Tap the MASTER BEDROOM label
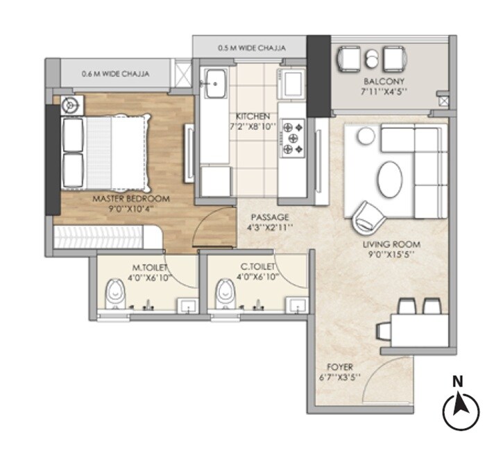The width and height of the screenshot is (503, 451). point(131,198)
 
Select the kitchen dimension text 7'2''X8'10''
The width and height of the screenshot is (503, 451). point(252,127)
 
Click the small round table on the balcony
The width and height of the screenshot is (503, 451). point(373,58)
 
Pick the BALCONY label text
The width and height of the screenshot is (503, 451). point(379,80)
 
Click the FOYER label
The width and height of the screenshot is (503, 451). point(340,366)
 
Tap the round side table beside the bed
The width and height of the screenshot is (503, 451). point(70,105)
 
